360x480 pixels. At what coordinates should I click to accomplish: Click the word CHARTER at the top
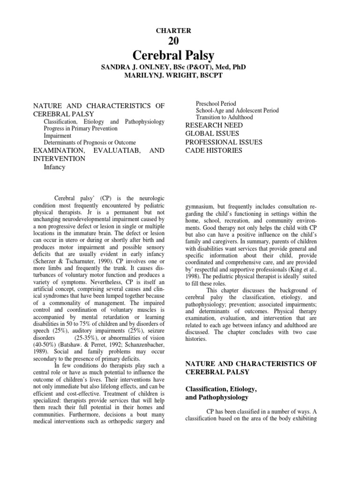173,30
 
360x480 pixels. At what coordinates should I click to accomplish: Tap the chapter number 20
173,42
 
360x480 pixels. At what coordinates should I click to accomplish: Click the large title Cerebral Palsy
173,55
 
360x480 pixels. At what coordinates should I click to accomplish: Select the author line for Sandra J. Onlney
173,67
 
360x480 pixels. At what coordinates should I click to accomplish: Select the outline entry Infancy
54,167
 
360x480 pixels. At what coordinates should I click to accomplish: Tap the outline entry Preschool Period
216,104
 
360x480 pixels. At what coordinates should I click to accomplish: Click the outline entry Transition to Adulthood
224,117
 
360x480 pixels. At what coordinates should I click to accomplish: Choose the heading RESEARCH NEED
214,125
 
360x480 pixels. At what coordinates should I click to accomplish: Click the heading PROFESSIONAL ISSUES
224,142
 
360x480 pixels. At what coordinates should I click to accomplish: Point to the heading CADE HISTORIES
214,150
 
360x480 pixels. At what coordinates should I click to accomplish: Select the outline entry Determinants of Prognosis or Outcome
90,142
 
